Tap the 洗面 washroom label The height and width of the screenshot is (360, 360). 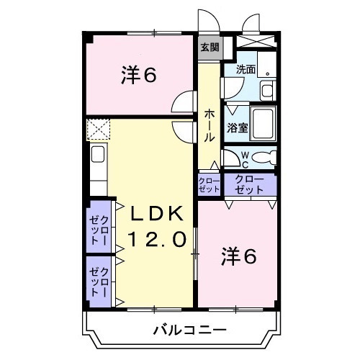pos(246,70)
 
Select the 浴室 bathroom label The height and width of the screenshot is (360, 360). pos(237,129)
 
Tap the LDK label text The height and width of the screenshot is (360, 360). pos(158,214)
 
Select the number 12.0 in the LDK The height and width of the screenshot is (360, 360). pos(158,238)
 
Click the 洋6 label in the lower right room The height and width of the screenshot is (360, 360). pos(238,256)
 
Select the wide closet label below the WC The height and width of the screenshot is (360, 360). pos(249,183)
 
